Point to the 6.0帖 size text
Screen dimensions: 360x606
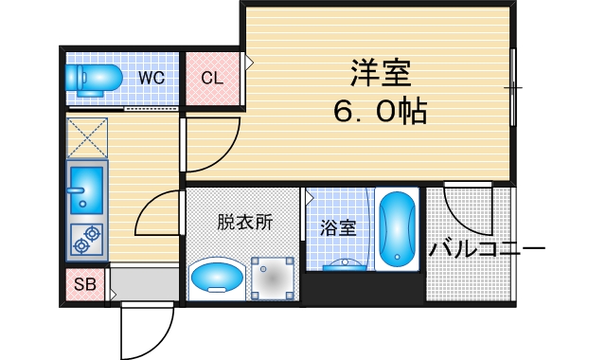pos(378,112)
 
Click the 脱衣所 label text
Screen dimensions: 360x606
pos(244,223)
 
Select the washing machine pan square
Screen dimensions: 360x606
pos(273,279)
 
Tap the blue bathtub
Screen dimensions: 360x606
pos(396,231)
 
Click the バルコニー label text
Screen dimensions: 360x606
pos(486,250)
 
